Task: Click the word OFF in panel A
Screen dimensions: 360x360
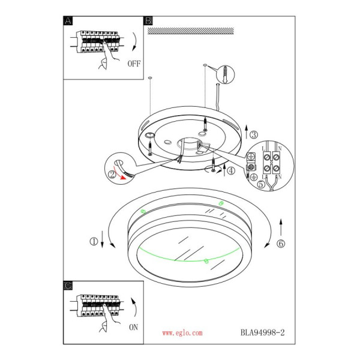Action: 134,64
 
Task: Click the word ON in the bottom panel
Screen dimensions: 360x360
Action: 134,327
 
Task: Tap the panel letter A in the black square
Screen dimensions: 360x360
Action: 68,21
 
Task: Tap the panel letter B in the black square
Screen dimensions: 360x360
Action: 148,21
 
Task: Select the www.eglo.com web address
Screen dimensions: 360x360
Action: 182,333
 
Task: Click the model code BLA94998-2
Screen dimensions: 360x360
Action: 262,332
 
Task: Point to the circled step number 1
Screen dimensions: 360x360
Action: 94,242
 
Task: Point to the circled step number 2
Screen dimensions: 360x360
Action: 112,175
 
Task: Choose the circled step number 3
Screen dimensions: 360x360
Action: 253,135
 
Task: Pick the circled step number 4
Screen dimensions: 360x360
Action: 231,171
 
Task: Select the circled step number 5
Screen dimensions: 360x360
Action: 261,184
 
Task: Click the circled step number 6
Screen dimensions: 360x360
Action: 281,244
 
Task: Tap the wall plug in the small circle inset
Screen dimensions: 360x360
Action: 226,74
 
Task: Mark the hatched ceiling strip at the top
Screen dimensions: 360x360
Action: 191,31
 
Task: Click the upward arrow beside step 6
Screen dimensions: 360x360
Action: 281,227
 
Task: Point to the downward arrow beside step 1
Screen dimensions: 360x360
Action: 102,239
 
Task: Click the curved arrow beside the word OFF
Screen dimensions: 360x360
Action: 135,41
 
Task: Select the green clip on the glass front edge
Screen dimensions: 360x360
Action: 206,261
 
